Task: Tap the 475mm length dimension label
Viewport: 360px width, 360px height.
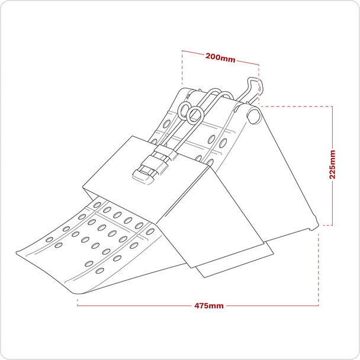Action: (209, 306)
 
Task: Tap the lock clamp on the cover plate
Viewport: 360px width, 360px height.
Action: (150, 168)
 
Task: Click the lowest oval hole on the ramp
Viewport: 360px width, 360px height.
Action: (99, 271)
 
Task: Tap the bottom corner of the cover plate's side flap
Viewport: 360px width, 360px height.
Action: (191, 268)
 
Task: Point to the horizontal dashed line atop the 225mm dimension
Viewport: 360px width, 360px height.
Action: (296, 107)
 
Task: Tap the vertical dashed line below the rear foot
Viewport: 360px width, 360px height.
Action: (319, 266)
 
